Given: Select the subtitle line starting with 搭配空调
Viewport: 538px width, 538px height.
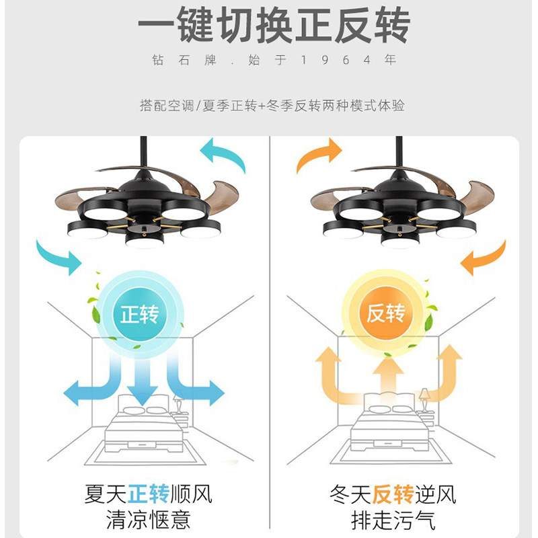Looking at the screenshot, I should [269, 106].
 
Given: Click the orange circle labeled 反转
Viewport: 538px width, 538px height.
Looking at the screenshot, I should [385, 313].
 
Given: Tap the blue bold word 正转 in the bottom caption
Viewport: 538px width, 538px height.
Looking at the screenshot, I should [148, 496].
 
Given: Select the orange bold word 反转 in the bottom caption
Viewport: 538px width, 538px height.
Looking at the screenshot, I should [393, 496].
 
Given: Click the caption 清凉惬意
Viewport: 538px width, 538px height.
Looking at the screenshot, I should [148, 520].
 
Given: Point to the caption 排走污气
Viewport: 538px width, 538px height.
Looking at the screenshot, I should [393, 520].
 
